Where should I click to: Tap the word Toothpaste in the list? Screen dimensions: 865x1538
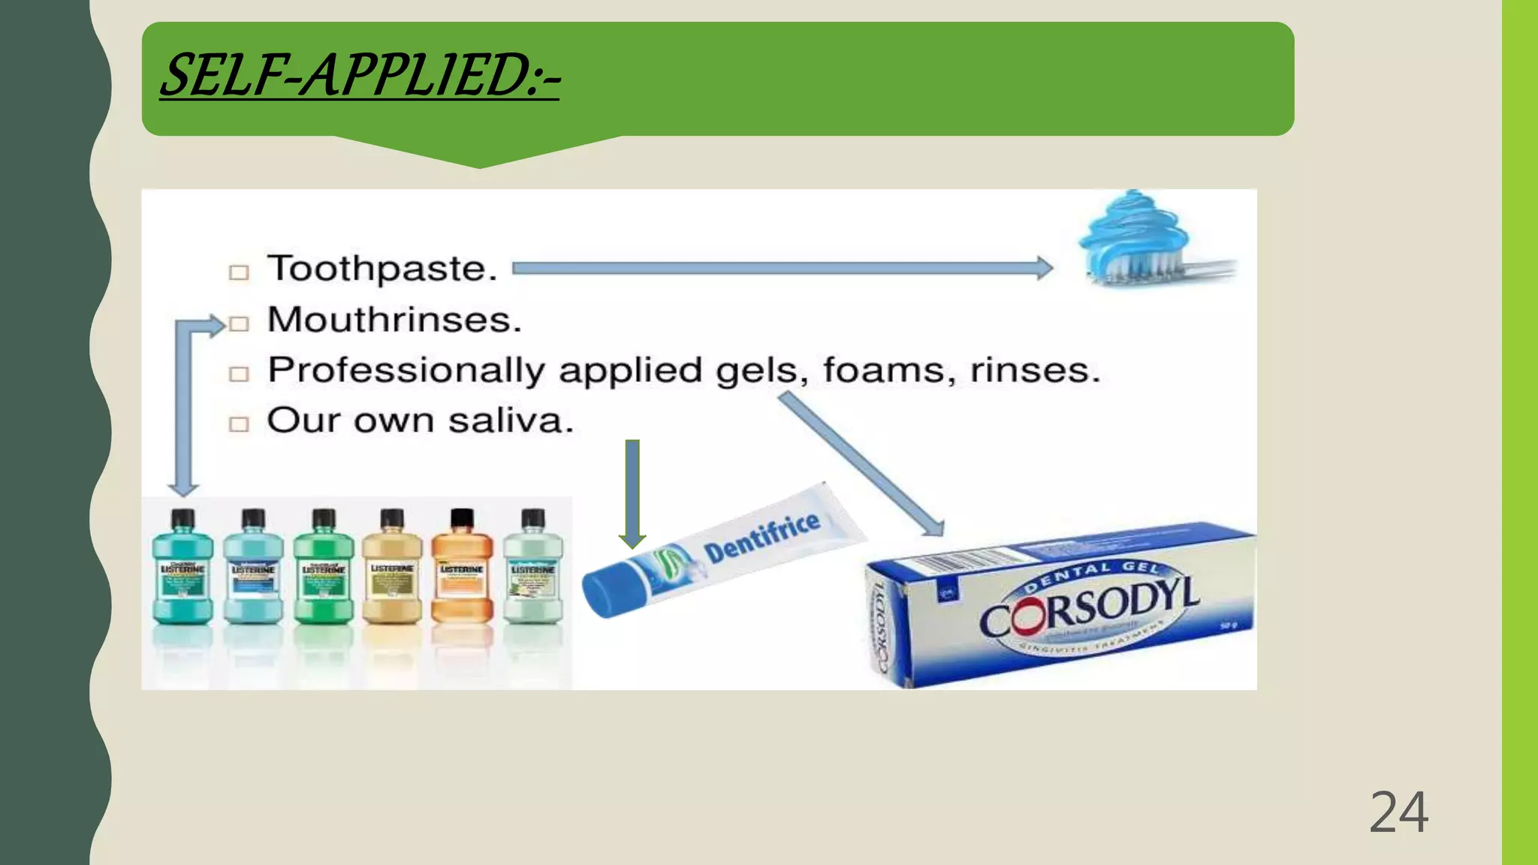[x=381, y=269]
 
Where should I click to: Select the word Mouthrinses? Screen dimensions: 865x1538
[x=394, y=320]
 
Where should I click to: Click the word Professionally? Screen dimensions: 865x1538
[x=406, y=370]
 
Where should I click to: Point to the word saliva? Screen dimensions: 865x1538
[x=510, y=420]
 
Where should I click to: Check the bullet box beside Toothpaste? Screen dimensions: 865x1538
[x=239, y=272]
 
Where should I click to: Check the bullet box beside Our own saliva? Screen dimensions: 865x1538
[x=239, y=423]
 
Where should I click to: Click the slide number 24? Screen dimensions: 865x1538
[x=1398, y=812]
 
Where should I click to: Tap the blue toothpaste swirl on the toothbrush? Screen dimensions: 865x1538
[x=1134, y=225]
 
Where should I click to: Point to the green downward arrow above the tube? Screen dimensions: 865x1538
[x=632, y=492]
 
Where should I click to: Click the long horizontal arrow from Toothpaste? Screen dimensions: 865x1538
[x=781, y=268]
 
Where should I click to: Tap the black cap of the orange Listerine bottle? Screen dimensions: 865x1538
[x=462, y=518]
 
